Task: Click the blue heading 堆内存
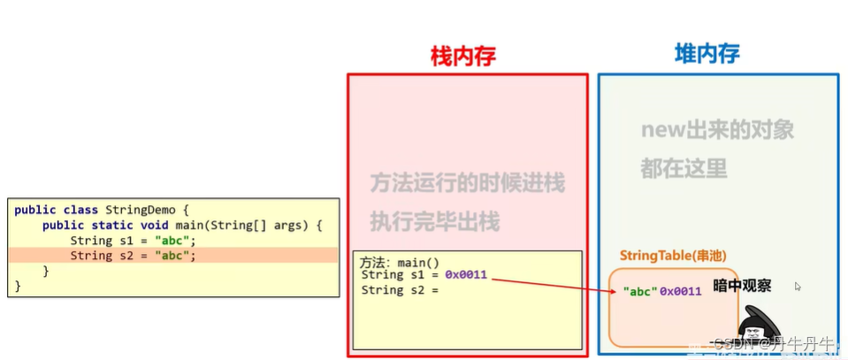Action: pos(707,54)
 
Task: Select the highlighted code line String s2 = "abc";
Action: pos(133,256)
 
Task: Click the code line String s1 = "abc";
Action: pos(133,241)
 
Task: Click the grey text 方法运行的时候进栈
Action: pos(467,183)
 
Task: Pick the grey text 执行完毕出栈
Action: pos(434,220)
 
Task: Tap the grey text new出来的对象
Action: pos(717,130)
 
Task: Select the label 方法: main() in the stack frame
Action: pos(399,263)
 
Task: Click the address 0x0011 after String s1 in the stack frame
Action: pos(466,275)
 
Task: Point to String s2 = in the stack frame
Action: pos(401,290)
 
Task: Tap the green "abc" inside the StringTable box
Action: pos(640,291)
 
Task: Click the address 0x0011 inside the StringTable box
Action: pos(681,291)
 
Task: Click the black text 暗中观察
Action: pos(741,287)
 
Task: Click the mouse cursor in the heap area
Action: pos(797,286)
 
